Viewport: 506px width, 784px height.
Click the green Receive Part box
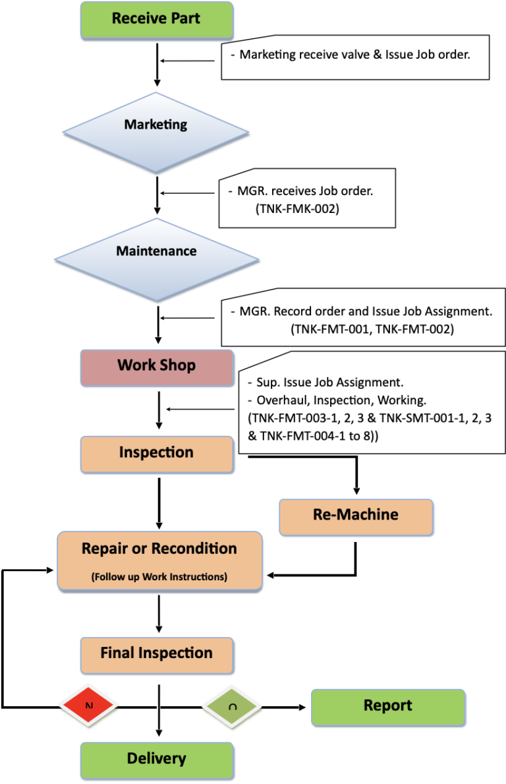click(x=156, y=19)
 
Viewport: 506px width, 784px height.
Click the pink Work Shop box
click(x=156, y=367)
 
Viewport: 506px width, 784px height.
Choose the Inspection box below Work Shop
click(x=156, y=454)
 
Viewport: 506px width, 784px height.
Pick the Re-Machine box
click(x=356, y=516)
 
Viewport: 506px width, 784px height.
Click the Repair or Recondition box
click(x=159, y=560)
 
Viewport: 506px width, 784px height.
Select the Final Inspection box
click(x=156, y=655)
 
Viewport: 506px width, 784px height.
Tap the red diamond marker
click(x=89, y=706)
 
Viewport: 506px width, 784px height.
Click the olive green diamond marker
click(x=232, y=706)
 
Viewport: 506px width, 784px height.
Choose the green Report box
click(x=387, y=707)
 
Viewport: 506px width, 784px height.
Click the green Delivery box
click(x=156, y=760)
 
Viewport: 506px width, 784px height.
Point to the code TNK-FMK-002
click(x=297, y=209)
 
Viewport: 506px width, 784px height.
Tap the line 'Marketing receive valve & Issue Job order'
click(x=354, y=55)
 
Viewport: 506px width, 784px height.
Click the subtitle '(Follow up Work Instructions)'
click(x=159, y=577)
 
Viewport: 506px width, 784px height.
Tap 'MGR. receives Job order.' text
click(x=306, y=191)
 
